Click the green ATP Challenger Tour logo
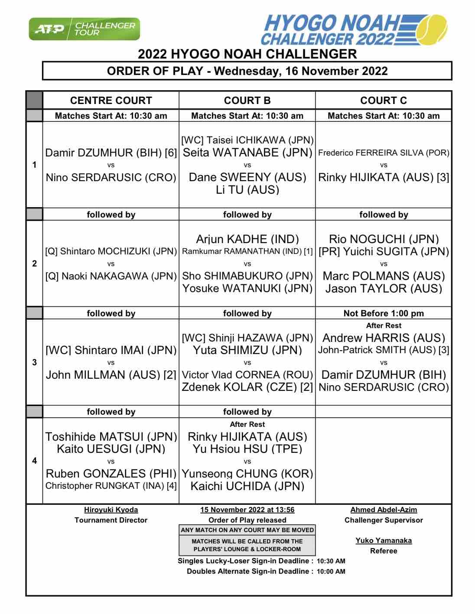(85, 29)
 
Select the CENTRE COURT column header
(111, 101)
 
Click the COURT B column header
(247, 101)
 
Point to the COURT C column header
(384, 101)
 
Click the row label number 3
(35, 362)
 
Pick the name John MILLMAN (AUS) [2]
(111, 375)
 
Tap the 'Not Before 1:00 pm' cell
(384, 313)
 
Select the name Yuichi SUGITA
(384, 252)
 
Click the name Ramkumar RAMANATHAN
(247, 251)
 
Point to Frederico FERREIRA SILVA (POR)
(384, 153)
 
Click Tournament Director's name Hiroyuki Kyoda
(111, 510)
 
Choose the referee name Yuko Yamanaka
(384, 540)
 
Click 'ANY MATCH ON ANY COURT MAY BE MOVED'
(247, 530)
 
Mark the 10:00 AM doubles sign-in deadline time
(331, 572)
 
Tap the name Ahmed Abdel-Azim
(384, 510)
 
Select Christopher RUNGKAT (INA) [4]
(111, 486)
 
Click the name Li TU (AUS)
(247, 190)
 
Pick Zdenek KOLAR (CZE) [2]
(247, 387)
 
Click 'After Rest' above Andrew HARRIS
(384, 325)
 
